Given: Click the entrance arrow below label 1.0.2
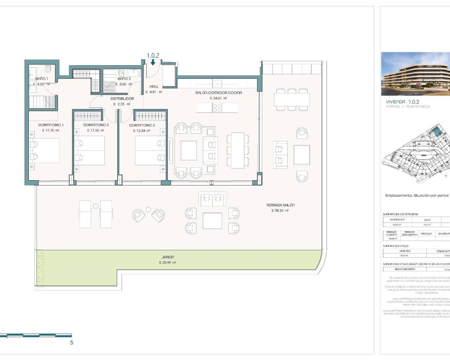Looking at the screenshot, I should tap(153, 63).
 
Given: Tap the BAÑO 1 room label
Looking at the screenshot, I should tap(42, 79).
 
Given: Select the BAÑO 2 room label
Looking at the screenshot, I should tap(124, 79).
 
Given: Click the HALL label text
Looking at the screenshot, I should tap(154, 86).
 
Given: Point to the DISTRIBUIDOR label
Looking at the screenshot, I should tap(122, 99).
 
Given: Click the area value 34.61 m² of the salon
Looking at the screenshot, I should tap(218, 98).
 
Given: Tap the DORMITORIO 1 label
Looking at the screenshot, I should tap(51, 125).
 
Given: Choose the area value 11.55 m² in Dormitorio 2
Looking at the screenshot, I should tap(96, 130).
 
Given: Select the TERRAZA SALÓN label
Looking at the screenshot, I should tap(280, 205).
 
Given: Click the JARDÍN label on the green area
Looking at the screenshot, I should tap(168, 257).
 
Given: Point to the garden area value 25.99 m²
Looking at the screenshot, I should tap(168, 263).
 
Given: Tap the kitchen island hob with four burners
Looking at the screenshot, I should tap(217, 108).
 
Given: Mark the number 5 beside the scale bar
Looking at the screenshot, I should tap(72, 342).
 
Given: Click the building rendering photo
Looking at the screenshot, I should tap(415, 74).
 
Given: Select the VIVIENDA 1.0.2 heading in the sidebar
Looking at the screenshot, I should tap(403, 102).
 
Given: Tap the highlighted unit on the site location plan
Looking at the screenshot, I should tap(437, 131).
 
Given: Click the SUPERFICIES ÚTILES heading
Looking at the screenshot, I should tap(396, 246).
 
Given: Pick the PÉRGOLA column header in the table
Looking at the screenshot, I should tap(426, 234).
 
